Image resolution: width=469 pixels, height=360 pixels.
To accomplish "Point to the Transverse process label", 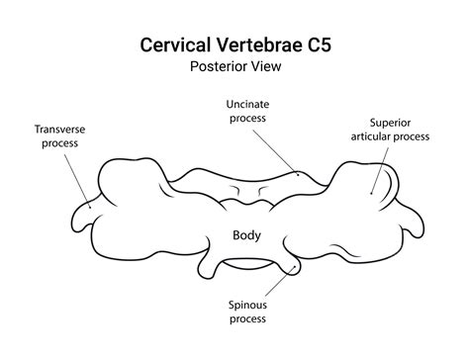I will pos(62,135).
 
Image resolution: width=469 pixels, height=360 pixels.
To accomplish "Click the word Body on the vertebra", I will pos(246,235).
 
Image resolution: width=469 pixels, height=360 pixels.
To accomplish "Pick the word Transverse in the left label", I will pos(62,129).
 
